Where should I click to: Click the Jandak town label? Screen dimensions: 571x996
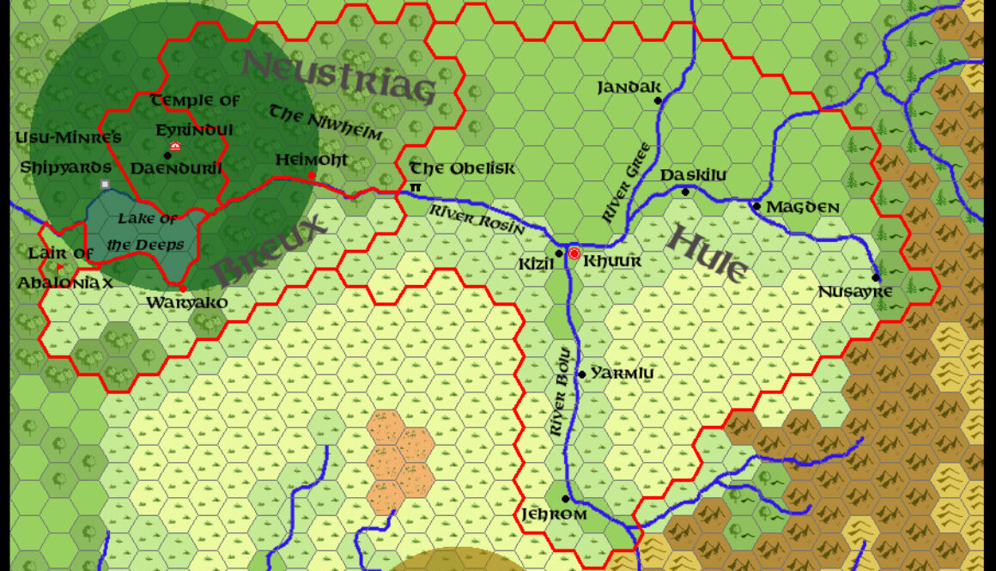point(629,87)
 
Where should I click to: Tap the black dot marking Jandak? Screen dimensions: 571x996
point(659,100)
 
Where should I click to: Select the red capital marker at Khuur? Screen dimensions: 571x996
point(574,253)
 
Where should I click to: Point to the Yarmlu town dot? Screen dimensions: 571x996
point(581,374)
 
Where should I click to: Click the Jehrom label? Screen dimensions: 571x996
point(554,514)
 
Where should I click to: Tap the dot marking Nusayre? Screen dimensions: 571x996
point(876,277)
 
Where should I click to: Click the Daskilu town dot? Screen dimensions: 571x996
point(685,191)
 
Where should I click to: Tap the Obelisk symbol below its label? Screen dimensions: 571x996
point(416,186)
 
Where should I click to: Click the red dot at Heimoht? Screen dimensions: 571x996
point(312,175)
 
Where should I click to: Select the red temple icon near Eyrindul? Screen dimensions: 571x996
point(175,147)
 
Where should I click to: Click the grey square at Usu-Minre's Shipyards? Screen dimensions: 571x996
point(105,184)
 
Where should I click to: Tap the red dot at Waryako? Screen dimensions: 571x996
point(183,289)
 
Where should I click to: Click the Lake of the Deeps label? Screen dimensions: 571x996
point(148,231)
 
